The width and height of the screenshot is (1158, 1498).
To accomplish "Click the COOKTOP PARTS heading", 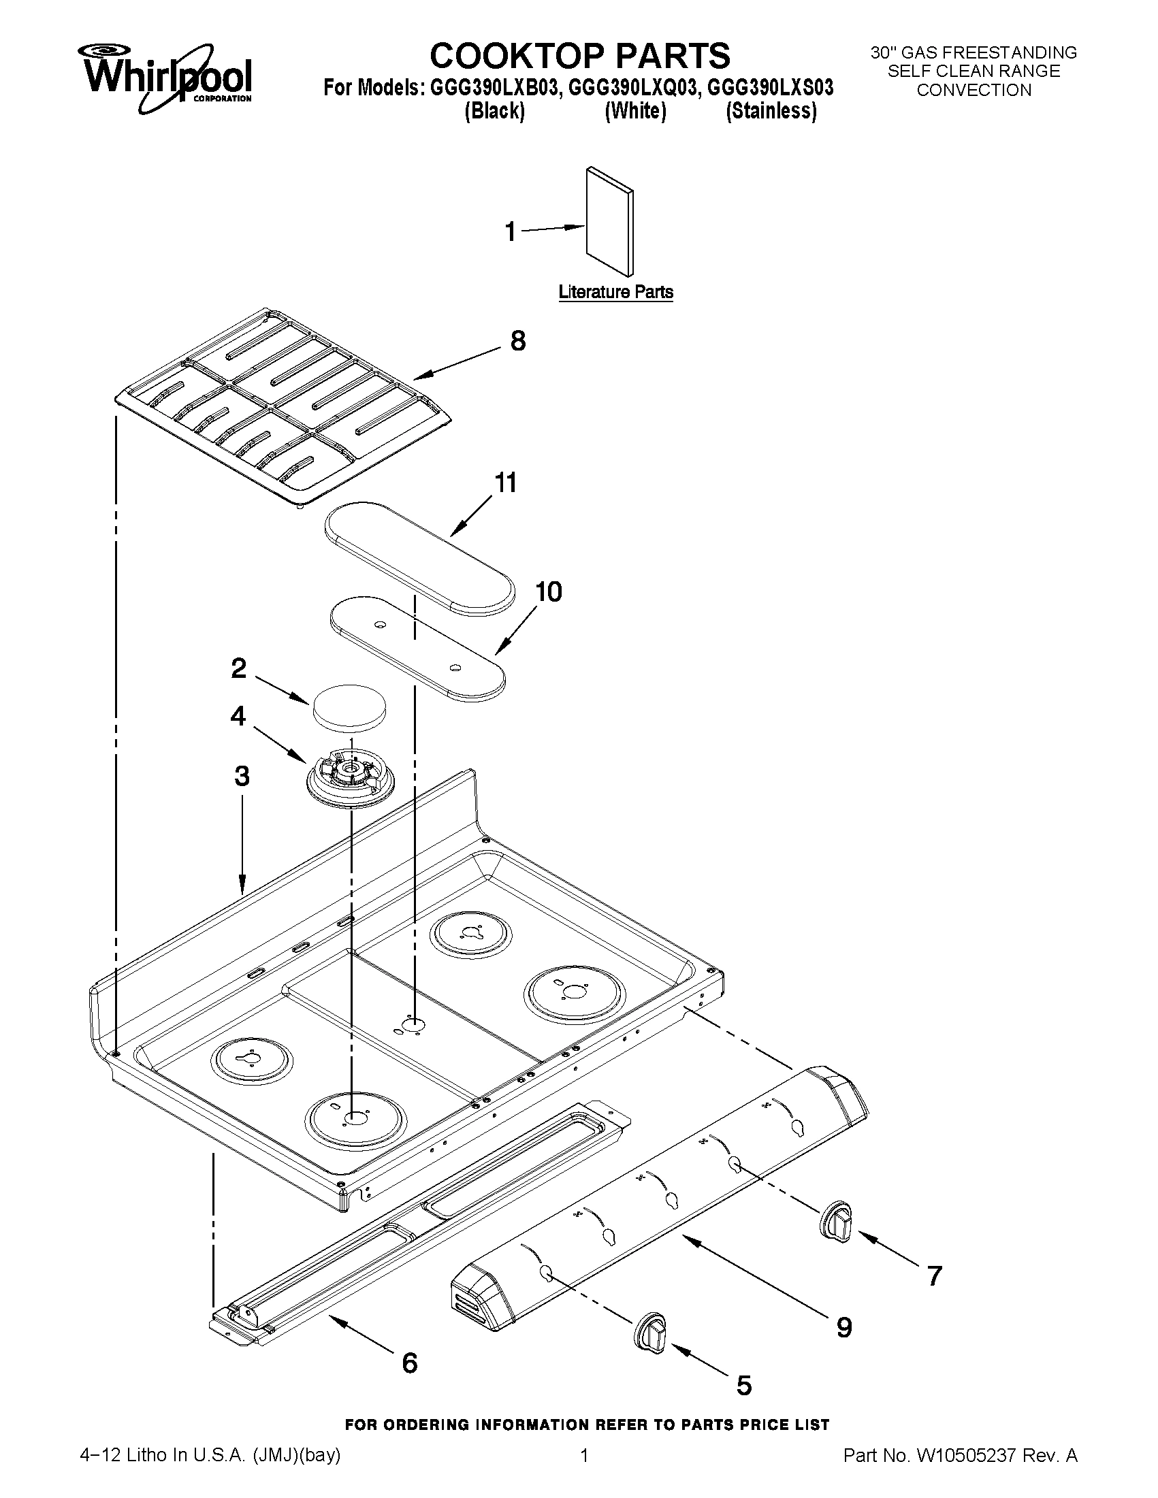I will tap(580, 56).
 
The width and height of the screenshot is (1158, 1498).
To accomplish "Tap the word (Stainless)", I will tap(771, 111).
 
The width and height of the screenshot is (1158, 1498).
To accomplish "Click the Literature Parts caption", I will tap(615, 292).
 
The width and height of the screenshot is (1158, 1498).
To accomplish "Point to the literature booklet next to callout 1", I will tap(609, 221).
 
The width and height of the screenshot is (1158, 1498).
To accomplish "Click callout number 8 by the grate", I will tap(518, 341).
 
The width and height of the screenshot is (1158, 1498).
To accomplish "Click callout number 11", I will tap(506, 483).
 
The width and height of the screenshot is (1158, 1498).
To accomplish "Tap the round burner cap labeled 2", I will tap(349, 705).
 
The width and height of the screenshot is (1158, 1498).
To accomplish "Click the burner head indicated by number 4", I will tap(349, 775).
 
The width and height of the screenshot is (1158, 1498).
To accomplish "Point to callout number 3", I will tap(242, 776).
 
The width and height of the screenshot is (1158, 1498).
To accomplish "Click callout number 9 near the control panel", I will tap(843, 1328).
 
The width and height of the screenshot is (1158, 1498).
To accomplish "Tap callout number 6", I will tap(410, 1363).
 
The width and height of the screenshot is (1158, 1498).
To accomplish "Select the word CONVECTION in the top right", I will tap(974, 90).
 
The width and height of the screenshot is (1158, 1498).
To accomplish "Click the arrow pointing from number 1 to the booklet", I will tap(552, 229).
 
